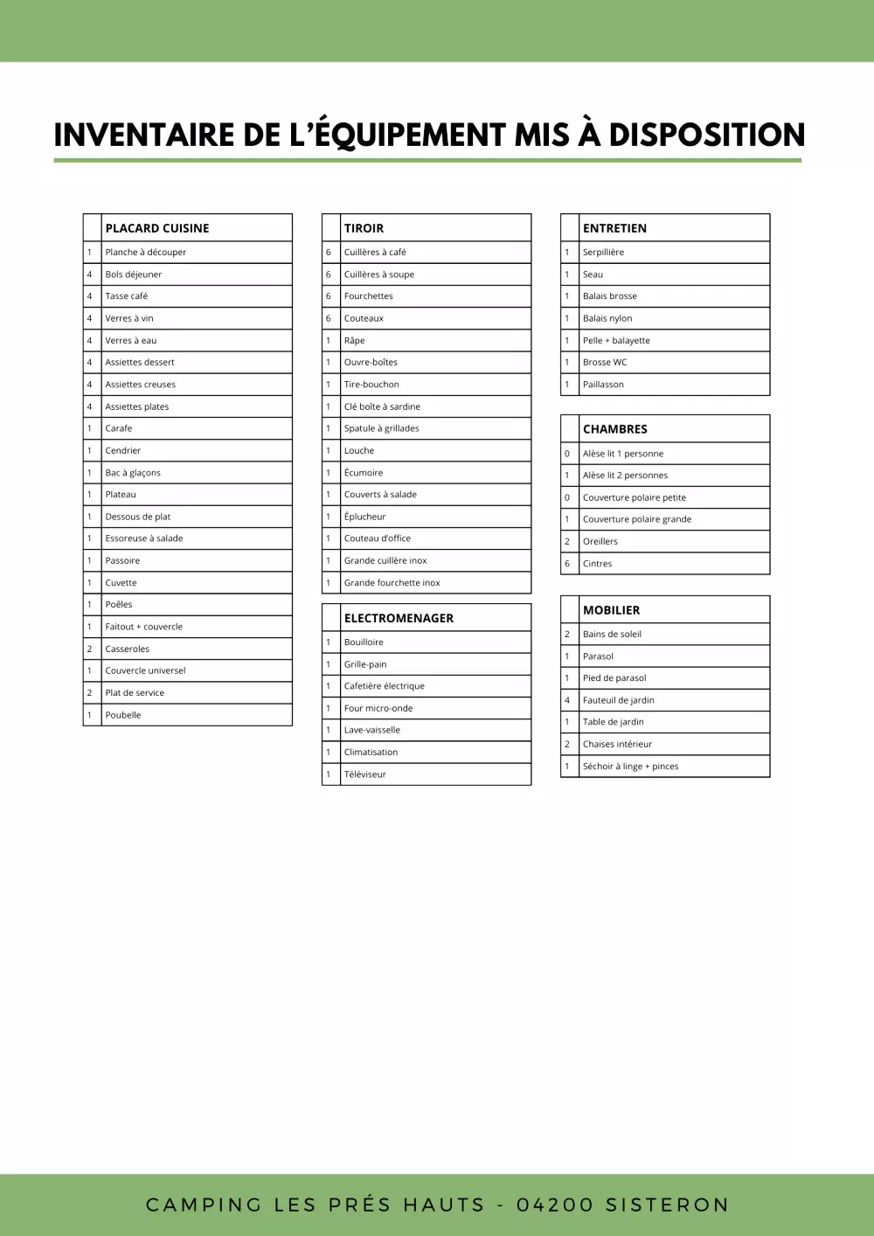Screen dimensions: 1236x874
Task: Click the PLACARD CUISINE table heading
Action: point(157,228)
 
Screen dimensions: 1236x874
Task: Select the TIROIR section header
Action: point(364,228)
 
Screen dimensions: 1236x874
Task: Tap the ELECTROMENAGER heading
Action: point(399,618)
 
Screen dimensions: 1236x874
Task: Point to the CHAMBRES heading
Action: point(615,429)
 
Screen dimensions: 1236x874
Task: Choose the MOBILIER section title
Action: point(611,610)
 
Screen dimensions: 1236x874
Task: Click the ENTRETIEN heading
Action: point(614,228)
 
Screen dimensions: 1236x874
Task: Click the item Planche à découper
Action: point(146,253)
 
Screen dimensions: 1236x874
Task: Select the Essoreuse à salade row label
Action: point(144,538)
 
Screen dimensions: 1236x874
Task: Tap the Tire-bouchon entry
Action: point(371,385)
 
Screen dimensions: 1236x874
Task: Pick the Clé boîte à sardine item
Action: point(382,406)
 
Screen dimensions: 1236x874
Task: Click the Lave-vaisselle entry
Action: point(372,730)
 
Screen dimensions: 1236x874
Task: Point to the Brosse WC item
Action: point(605,362)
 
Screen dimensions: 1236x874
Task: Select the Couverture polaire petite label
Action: point(635,497)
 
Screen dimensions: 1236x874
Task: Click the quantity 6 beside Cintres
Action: point(567,564)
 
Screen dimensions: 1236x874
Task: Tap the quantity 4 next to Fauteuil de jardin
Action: point(567,700)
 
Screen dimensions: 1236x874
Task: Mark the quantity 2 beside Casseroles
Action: point(89,649)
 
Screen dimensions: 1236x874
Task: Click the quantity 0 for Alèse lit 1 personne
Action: point(567,454)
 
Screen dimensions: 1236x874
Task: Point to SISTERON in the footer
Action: point(667,1205)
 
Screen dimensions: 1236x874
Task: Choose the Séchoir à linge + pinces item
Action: point(630,767)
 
